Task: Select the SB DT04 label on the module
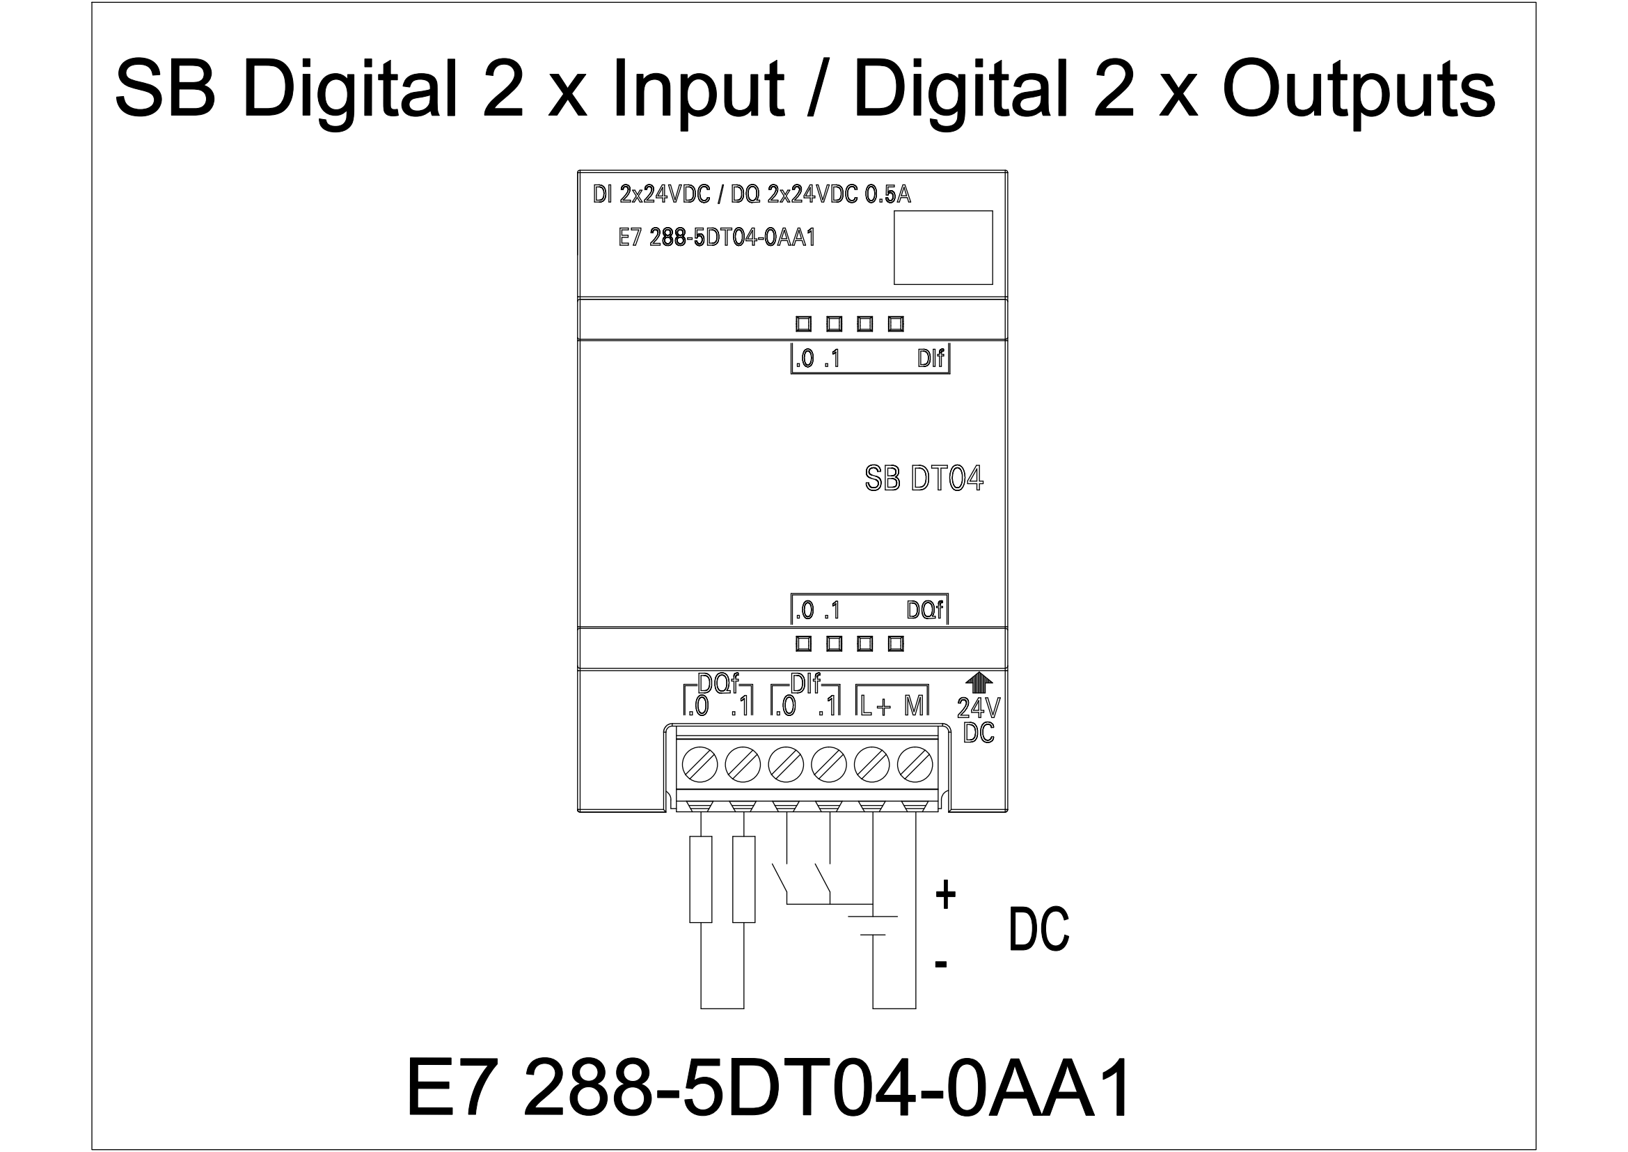tap(924, 478)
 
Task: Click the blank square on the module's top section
tap(943, 247)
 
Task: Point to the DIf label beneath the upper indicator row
tap(931, 358)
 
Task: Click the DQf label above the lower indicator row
tap(925, 609)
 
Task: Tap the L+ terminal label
tap(875, 706)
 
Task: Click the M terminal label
tap(914, 705)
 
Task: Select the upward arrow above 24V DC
tap(979, 682)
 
